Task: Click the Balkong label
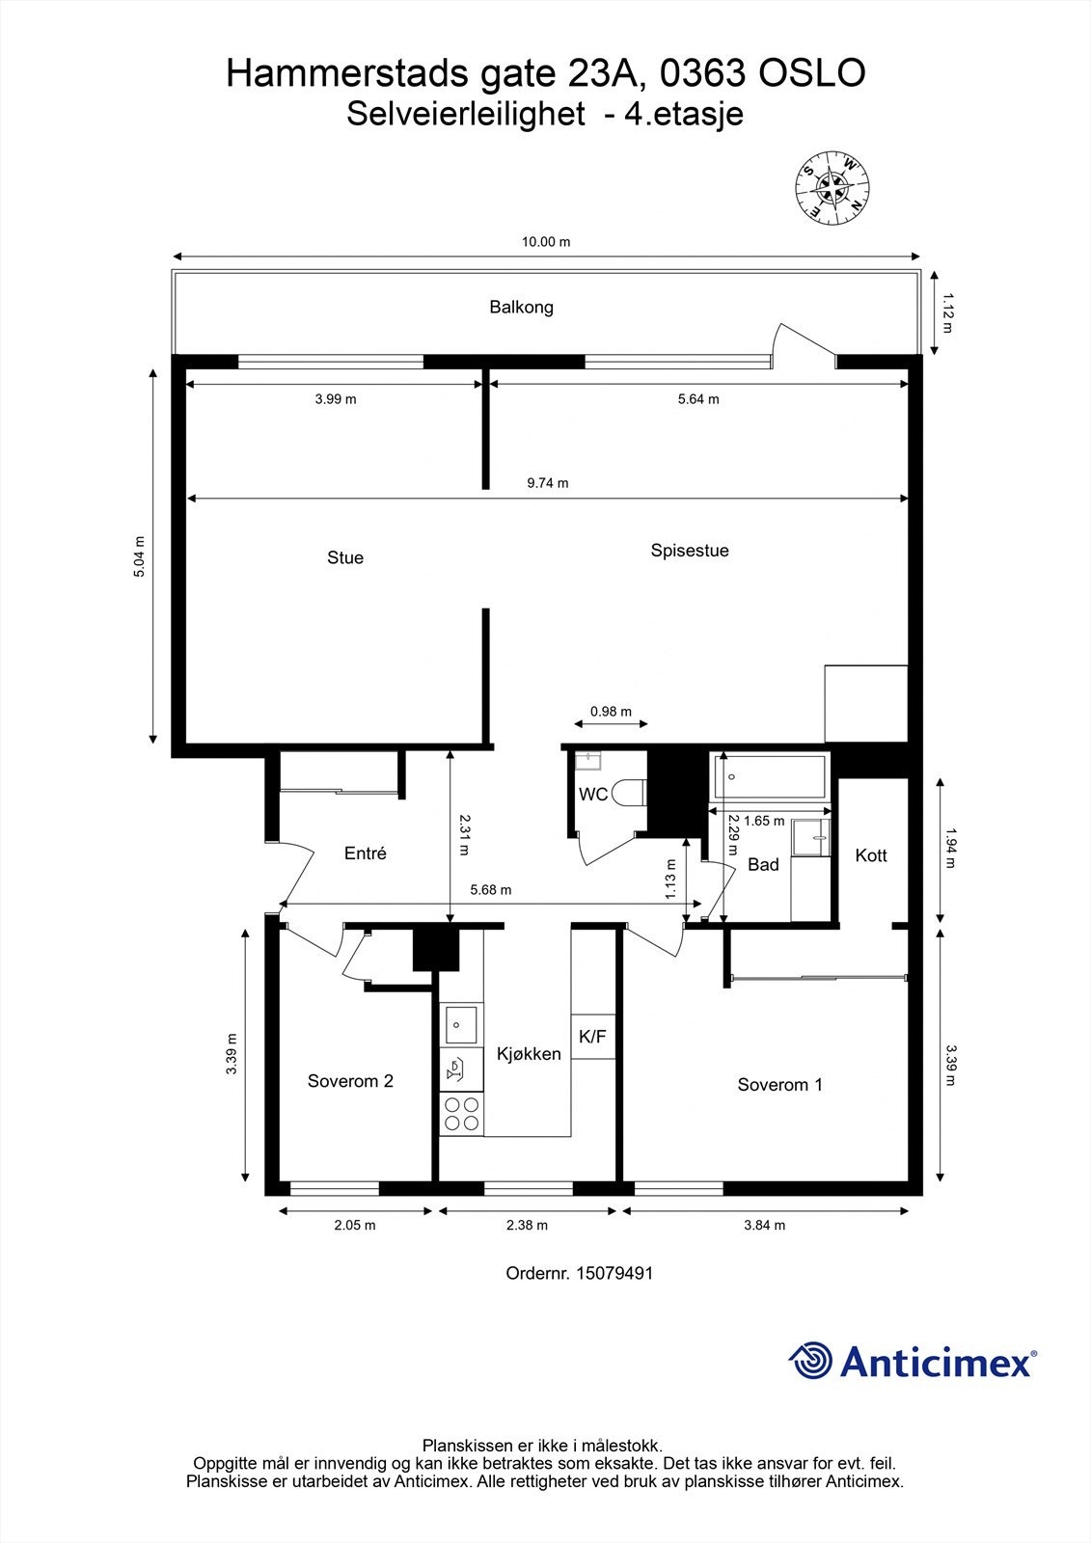point(521,308)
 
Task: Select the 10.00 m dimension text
point(546,242)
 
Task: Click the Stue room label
point(345,557)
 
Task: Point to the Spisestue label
point(690,551)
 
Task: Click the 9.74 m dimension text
point(548,483)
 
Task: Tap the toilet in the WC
point(630,794)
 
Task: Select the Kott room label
point(871,855)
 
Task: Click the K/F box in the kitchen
point(592,1037)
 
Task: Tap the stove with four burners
point(461,1114)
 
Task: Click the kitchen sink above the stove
point(461,1024)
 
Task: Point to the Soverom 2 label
point(350,1081)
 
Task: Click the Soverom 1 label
point(779,1085)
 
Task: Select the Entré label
point(366,853)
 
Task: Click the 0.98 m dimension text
point(611,712)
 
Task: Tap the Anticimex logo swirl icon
point(810,1361)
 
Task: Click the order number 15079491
point(614,1273)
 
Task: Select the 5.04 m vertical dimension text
point(139,556)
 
